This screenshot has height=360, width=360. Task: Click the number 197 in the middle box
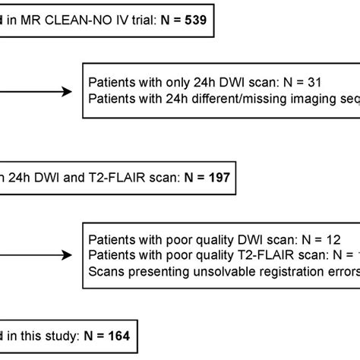214,176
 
